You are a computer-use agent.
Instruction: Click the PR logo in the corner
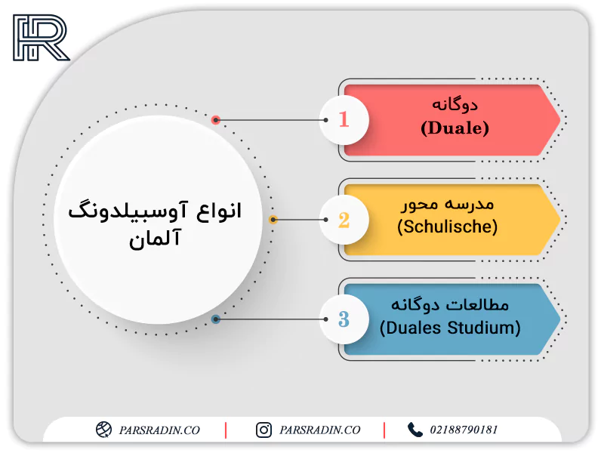pyautogui.click(x=42, y=38)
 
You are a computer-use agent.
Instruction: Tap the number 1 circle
pyautogui.click(x=344, y=120)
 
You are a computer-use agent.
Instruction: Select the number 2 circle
pyautogui.click(x=344, y=220)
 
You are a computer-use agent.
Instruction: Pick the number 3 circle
pyautogui.click(x=344, y=319)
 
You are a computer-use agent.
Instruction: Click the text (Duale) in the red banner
pyautogui.click(x=455, y=128)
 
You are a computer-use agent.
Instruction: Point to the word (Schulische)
pyautogui.click(x=447, y=227)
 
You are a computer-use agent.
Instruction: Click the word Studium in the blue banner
pyautogui.click(x=484, y=328)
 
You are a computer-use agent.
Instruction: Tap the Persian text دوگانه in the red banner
pyautogui.click(x=455, y=105)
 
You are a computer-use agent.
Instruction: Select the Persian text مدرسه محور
pyautogui.click(x=447, y=205)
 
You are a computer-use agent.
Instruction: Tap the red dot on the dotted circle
pyautogui.click(x=216, y=120)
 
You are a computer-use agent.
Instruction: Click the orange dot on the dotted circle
pyautogui.click(x=273, y=220)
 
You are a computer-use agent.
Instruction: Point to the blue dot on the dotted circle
pyautogui.click(x=216, y=319)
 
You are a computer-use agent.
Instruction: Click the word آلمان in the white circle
pyautogui.click(x=155, y=239)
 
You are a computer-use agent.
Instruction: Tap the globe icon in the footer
pyautogui.click(x=103, y=430)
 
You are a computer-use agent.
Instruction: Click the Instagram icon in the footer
pyautogui.click(x=263, y=430)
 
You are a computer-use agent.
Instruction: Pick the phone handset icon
pyautogui.click(x=414, y=430)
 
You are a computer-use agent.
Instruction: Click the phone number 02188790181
pyautogui.click(x=464, y=430)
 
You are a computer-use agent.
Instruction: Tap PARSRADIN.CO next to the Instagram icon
pyautogui.click(x=319, y=430)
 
